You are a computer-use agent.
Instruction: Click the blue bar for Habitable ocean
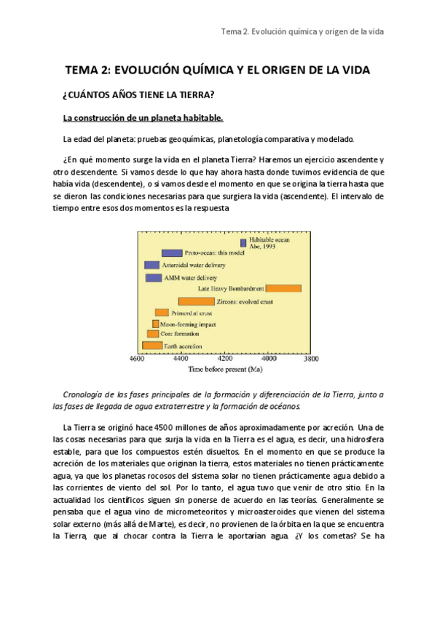click(x=243, y=242)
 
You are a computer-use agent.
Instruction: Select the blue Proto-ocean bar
click(x=172, y=253)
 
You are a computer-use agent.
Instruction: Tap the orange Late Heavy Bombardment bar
click(x=283, y=289)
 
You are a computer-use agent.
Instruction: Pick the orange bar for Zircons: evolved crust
click(x=197, y=301)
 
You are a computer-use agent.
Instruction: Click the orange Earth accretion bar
click(x=152, y=346)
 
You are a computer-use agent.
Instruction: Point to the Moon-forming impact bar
click(x=155, y=324)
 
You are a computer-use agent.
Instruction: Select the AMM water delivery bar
click(x=154, y=278)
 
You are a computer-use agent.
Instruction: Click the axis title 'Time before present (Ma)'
click(x=225, y=370)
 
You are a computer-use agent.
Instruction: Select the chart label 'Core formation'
click(x=183, y=335)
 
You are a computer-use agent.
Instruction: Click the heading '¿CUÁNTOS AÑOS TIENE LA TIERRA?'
click(x=139, y=95)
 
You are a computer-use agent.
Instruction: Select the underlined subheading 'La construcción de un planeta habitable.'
click(x=143, y=118)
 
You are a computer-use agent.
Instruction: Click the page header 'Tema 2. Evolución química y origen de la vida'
click(x=302, y=32)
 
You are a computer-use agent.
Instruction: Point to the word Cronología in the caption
click(x=86, y=394)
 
